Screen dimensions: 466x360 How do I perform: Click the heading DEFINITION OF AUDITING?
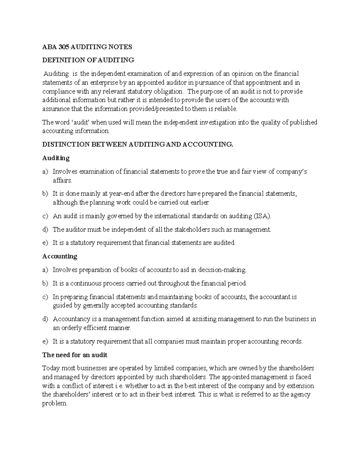pos(88,60)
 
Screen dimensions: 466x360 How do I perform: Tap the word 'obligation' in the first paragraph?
pos(169,91)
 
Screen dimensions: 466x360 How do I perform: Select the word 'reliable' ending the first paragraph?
pos(227,109)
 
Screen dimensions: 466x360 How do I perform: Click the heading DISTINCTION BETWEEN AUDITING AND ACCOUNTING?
pos(138,144)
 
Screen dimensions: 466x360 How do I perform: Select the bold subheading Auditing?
pos(56,158)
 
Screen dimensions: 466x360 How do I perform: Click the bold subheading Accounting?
pos(60,256)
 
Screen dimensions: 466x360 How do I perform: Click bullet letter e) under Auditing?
pos(45,243)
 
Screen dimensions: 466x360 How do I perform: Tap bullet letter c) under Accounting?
pos(45,297)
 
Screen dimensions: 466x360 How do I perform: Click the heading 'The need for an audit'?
pos(75,355)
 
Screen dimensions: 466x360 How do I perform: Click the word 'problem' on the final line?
pos(54,404)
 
